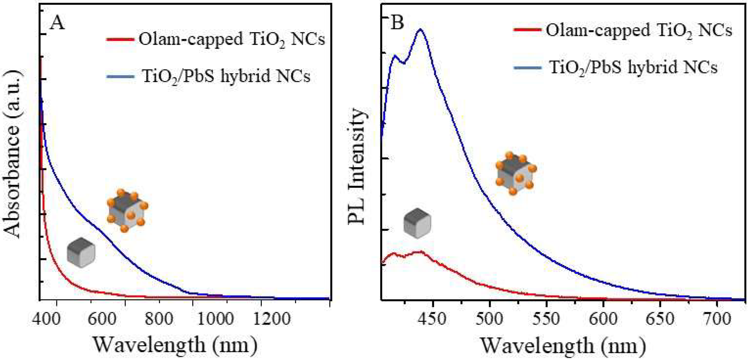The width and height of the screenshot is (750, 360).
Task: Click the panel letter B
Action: (397, 23)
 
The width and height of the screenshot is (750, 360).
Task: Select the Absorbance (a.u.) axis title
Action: (13, 154)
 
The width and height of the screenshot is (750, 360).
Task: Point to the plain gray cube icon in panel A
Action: (81, 252)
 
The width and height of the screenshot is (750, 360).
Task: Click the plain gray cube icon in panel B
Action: (417, 223)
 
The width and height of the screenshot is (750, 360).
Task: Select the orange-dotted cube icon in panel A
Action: (127, 210)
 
